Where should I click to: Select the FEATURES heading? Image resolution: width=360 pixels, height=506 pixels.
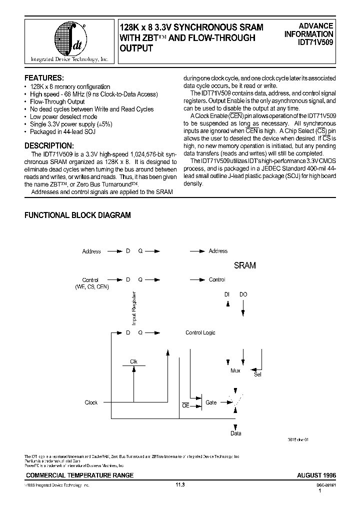pyautogui.click(x=44, y=78)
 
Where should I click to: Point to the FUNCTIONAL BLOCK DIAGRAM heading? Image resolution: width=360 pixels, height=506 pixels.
pyautogui.click(x=78, y=215)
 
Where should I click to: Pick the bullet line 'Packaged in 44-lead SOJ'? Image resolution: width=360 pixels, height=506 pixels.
pyautogui.click(x=62, y=131)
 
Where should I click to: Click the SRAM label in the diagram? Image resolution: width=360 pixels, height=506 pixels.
pyautogui.click(x=244, y=265)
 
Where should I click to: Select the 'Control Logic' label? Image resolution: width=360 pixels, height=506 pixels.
pyautogui.click(x=200, y=332)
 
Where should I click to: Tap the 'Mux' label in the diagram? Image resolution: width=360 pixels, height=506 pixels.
pyautogui.click(x=235, y=370)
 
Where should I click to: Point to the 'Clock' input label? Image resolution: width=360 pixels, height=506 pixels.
pyautogui.click(x=91, y=402)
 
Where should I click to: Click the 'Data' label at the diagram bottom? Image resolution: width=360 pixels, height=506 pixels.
pyautogui.click(x=236, y=433)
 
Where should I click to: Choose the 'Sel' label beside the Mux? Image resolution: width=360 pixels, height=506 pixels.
pyautogui.click(x=258, y=374)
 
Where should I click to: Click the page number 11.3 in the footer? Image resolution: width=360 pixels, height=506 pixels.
pyautogui.click(x=180, y=484)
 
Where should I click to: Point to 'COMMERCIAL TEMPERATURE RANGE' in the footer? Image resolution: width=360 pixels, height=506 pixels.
pyautogui.click(x=79, y=475)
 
